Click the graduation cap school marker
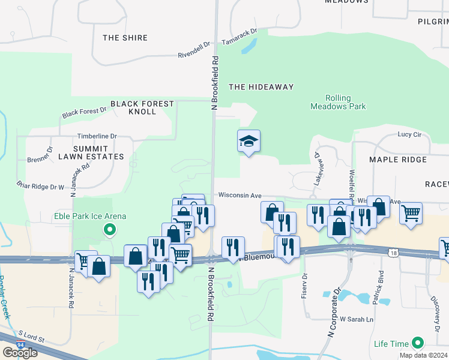click(249, 142)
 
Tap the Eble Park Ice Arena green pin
click(109, 229)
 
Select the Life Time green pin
click(417, 344)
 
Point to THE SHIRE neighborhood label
click(125, 38)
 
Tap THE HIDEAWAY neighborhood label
click(261, 87)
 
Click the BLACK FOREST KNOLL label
click(142, 107)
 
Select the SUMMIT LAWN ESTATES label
click(98, 152)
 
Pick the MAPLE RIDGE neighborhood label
click(398, 160)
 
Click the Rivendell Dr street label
click(194, 49)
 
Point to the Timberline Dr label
click(97, 137)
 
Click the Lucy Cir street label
click(410, 135)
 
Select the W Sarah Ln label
click(357, 319)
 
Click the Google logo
click(20, 353)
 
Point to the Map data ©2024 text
click(423, 355)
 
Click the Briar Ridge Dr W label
click(40, 186)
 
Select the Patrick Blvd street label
click(380, 288)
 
